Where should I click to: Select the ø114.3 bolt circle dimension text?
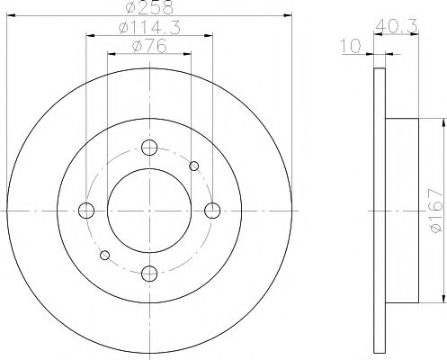click(149, 30)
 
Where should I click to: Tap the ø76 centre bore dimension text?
click(149, 48)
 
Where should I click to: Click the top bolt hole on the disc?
click(149, 148)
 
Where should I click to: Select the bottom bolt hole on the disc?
click(149, 273)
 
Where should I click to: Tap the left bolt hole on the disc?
click(87, 211)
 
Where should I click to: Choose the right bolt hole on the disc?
click(212, 211)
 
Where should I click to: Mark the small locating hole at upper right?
click(194, 166)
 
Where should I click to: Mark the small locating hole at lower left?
click(105, 256)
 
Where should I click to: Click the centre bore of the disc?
click(149, 211)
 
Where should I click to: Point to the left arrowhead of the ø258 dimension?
click(10, 15)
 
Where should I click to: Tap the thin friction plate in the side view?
click(378, 211)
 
